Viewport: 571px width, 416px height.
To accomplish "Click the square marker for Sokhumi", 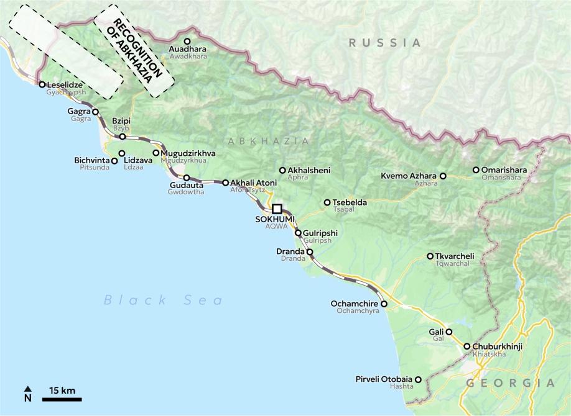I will pyautogui.click(x=277, y=209).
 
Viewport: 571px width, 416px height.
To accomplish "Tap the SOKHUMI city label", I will pyautogui.click(x=271, y=219).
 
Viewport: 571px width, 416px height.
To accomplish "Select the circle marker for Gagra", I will pyautogui.click(x=95, y=112).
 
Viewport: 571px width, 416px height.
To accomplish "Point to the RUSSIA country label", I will pyautogui.click(x=385, y=43).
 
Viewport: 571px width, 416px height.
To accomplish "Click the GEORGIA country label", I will pyautogui.click(x=510, y=382).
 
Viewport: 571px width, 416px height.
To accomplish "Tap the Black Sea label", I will pyautogui.click(x=163, y=301).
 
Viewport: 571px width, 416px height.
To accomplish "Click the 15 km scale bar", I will pyautogui.click(x=62, y=397).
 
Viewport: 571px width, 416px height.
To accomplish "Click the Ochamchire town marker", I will pyautogui.click(x=384, y=304).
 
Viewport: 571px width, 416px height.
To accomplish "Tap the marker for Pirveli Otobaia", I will pyautogui.click(x=418, y=379).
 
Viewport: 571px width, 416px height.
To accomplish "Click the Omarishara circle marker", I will pyautogui.click(x=476, y=170).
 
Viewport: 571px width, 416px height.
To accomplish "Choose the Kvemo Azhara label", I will pyautogui.click(x=409, y=176).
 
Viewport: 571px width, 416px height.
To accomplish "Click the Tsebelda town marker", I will pyautogui.click(x=327, y=202).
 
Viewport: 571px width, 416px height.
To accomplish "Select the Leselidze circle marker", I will pyautogui.click(x=42, y=84).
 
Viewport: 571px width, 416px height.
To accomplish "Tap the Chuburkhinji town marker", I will pyautogui.click(x=467, y=346).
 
